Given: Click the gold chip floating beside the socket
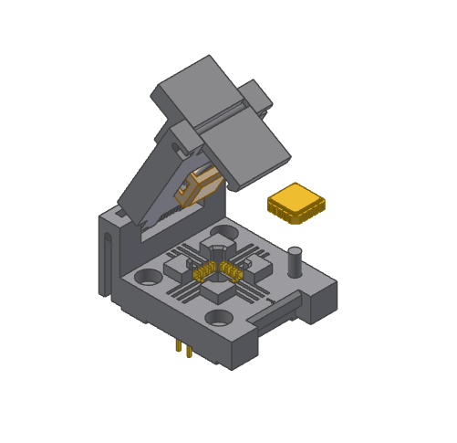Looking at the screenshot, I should click(296, 202).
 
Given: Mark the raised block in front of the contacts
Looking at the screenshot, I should click(220, 291).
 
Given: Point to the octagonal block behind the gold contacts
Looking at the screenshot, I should click(218, 251).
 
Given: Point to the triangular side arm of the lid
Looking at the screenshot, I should click(155, 187).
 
